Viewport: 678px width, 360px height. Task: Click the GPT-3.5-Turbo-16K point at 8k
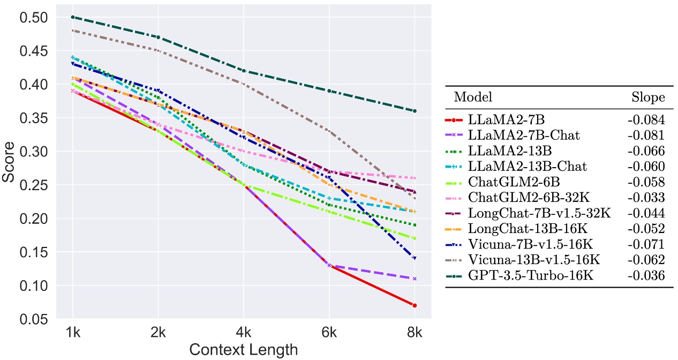point(415,111)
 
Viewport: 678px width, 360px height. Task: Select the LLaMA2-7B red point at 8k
point(415,305)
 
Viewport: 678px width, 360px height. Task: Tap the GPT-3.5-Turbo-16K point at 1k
point(73,17)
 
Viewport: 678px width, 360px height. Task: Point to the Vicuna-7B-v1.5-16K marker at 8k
point(415,258)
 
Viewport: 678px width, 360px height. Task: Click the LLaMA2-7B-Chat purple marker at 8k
point(415,279)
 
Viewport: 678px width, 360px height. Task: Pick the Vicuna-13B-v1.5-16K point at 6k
point(329,131)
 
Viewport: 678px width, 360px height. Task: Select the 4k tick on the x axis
point(244,333)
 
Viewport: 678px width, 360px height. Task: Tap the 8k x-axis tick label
point(415,333)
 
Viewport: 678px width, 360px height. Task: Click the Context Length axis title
point(244,350)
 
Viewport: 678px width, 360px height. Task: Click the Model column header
point(473,97)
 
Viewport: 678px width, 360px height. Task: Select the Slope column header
point(647,97)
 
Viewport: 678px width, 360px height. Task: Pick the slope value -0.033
point(646,198)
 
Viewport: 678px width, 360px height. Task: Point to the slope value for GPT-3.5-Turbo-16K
point(646,276)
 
